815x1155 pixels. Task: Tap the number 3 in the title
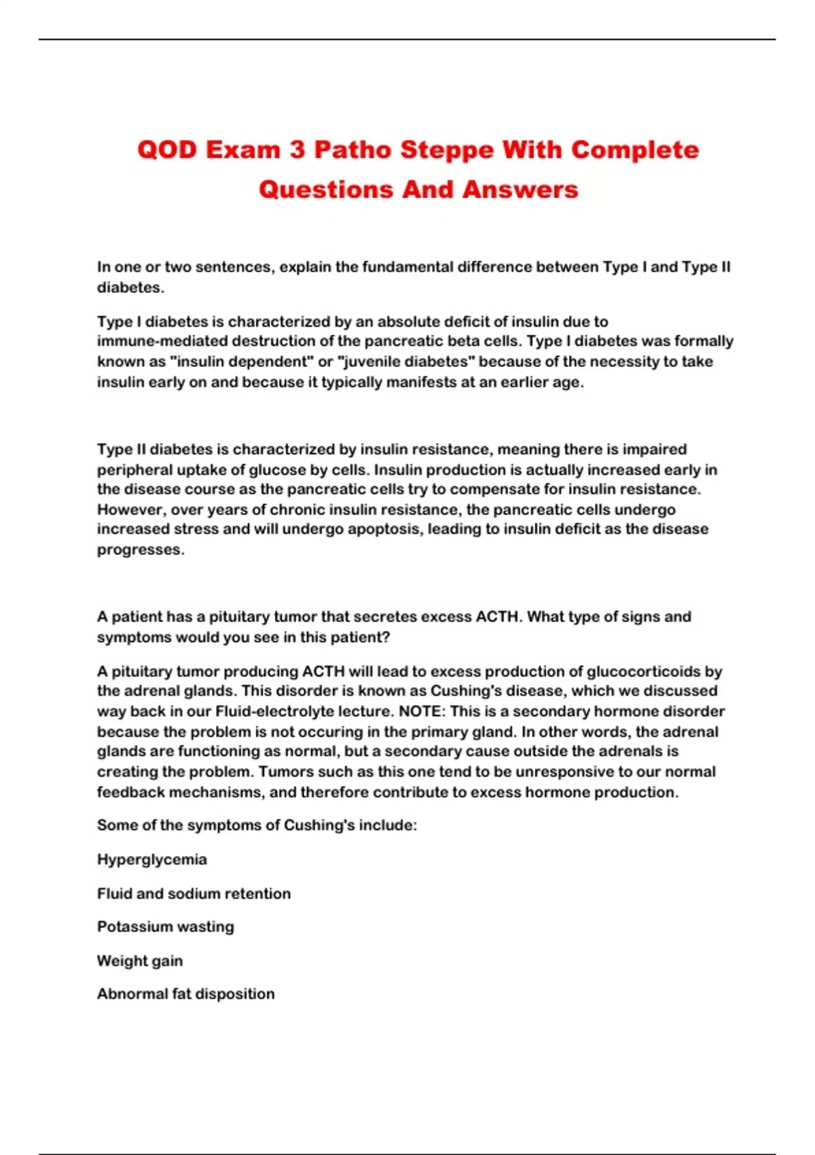point(297,149)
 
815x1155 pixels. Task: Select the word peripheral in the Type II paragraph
point(134,469)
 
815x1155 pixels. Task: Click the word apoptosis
point(386,529)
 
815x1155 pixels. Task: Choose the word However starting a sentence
point(130,510)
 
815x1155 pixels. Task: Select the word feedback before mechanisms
point(130,792)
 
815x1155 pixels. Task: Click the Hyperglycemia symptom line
point(152,859)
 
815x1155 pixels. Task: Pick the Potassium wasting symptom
point(166,927)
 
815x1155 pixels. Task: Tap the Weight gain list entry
point(140,961)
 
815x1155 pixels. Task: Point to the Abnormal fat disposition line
point(186,994)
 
